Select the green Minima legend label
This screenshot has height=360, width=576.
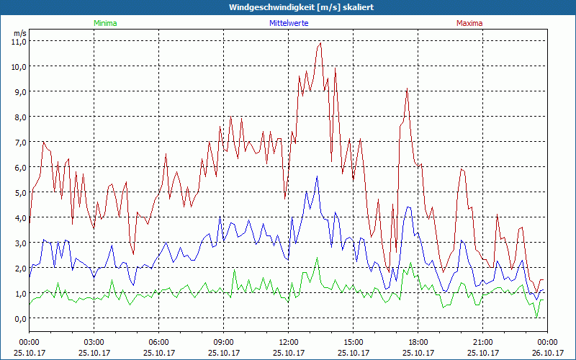104,23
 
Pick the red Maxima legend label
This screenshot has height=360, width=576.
469,23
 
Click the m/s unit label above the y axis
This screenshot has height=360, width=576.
19,33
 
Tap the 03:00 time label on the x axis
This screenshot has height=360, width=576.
94,342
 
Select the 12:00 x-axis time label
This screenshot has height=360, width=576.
289,342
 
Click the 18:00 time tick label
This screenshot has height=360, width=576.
418,342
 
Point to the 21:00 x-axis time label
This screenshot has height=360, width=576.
483,342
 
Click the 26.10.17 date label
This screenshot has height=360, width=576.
547,353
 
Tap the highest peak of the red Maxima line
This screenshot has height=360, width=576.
320,43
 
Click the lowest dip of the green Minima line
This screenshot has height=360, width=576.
536,317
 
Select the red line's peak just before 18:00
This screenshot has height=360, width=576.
407,89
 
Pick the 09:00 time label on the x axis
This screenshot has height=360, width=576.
224,342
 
